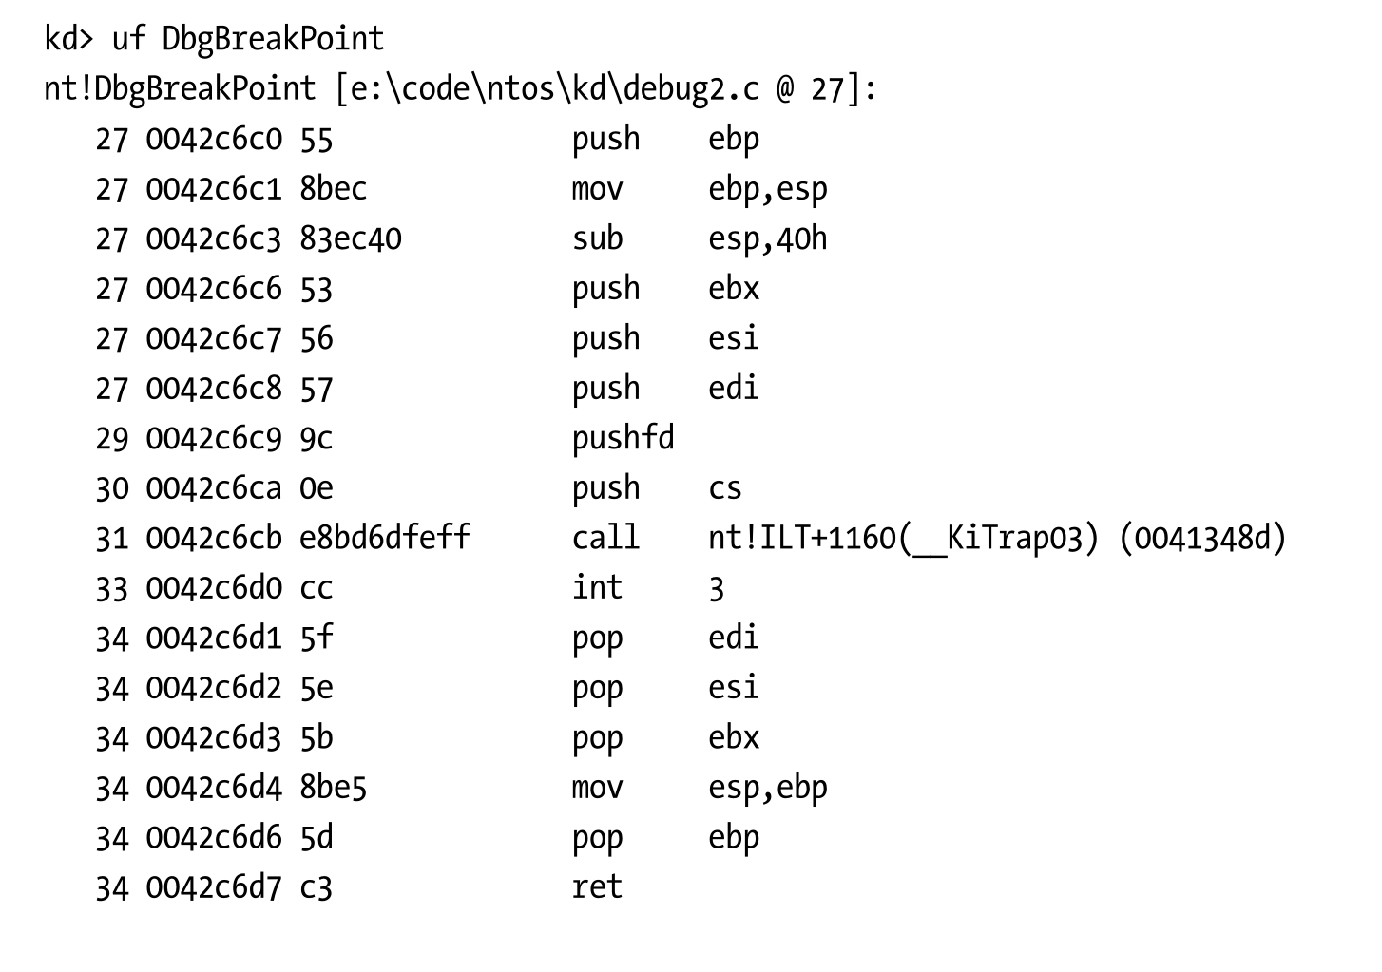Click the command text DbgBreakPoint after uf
click(273, 39)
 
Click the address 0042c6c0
click(214, 140)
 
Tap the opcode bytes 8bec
click(333, 189)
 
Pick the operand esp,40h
click(767, 238)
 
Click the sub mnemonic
click(597, 238)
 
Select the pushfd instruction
click(623, 438)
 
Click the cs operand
click(724, 488)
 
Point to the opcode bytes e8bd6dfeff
click(384, 538)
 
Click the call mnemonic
click(605, 538)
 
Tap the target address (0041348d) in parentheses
click(1201, 538)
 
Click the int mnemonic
click(597, 587)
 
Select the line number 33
click(111, 588)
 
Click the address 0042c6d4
click(214, 788)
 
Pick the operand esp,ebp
click(767, 788)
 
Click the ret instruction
click(597, 887)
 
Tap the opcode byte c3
click(316, 887)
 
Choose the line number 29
click(111, 438)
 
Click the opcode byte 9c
click(317, 438)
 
